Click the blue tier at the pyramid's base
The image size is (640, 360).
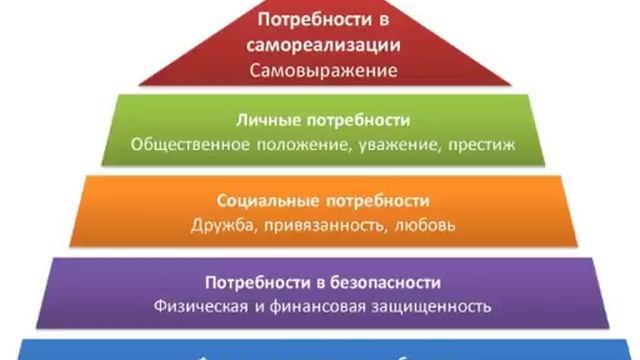coord(320,350)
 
